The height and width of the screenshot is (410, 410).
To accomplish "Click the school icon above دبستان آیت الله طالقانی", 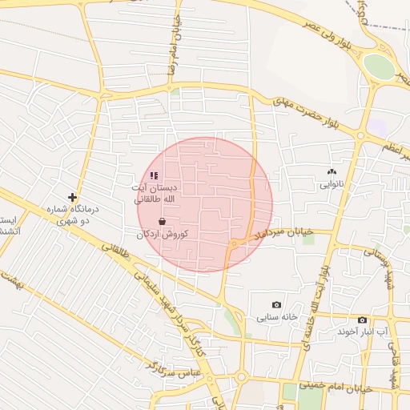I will click(x=154, y=175).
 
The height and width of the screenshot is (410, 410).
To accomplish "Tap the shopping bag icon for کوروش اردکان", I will click(x=163, y=221).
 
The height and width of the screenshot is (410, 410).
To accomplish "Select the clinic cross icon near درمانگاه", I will click(x=73, y=197).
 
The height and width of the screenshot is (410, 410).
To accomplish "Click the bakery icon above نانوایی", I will click(x=332, y=171).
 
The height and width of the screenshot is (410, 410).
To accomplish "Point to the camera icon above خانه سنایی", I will click(x=277, y=304).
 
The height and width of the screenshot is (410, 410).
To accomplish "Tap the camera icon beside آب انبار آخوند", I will click(x=362, y=320).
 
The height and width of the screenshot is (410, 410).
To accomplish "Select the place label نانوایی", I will click(x=332, y=184).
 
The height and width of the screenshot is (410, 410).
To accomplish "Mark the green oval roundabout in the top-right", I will click(x=379, y=66).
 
